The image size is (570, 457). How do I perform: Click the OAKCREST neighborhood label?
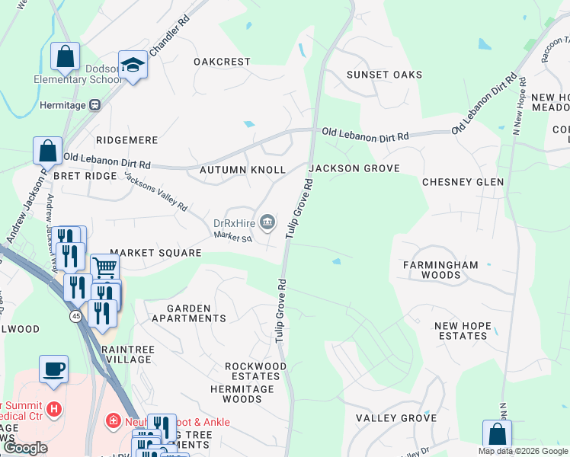(x=222, y=62)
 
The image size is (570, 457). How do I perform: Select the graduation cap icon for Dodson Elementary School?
(x=133, y=66)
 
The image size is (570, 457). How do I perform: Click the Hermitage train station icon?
(x=95, y=106)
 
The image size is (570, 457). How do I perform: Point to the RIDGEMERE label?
(x=127, y=141)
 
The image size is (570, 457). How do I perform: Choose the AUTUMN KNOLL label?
(x=242, y=170)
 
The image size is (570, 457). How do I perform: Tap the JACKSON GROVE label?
(x=354, y=168)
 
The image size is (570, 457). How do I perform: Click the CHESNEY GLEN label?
(x=463, y=183)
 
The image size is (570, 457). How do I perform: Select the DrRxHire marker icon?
(x=267, y=222)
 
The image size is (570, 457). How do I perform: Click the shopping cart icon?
(x=104, y=267)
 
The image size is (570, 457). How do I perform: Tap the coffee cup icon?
(x=53, y=369)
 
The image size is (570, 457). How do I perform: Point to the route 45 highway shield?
(x=77, y=315)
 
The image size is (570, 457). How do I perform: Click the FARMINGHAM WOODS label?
(x=440, y=270)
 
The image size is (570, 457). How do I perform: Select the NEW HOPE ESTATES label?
(x=462, y=331)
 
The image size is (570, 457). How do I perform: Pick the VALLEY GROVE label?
(x=396, y=418)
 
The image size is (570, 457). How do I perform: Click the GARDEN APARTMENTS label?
(x=188, y=313)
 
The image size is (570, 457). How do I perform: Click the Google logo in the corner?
(x=25, y=448)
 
